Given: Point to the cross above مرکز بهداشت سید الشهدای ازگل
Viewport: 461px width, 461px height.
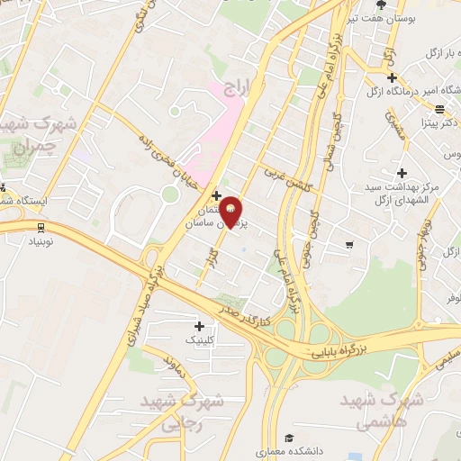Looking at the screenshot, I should tap(402, 172).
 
